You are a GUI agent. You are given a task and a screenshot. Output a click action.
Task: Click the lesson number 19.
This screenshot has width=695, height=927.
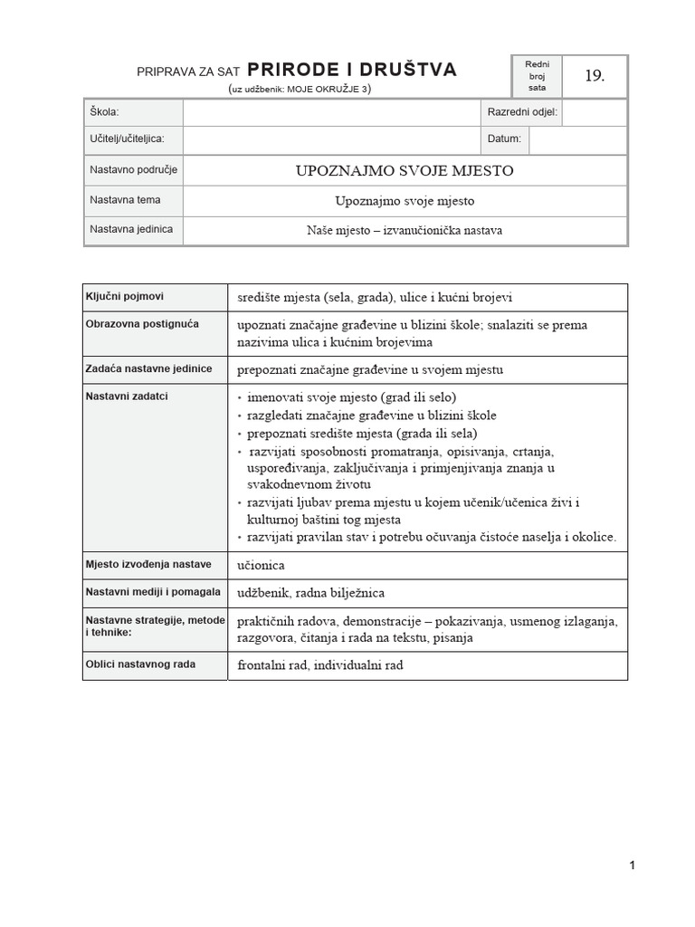594,76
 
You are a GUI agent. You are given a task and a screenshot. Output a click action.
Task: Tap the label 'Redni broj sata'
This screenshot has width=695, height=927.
538,76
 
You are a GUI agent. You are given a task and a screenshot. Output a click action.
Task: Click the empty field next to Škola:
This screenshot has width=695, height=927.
329,112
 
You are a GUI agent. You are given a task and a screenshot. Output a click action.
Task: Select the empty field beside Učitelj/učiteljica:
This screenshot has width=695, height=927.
329,139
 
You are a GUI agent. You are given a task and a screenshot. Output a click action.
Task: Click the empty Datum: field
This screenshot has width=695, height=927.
577,139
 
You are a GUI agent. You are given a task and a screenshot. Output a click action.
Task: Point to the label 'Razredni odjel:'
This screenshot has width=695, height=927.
522,112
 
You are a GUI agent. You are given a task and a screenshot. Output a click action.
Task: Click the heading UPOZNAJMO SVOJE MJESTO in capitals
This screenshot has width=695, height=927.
405,170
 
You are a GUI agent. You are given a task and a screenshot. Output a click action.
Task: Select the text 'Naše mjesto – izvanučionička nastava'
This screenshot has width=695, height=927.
405,230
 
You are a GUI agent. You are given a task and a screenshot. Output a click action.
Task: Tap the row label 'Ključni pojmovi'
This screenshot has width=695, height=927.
125,296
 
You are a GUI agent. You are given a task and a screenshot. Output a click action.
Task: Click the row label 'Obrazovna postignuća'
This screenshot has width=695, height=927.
143,323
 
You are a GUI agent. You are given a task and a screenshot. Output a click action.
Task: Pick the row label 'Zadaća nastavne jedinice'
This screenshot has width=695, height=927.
148,368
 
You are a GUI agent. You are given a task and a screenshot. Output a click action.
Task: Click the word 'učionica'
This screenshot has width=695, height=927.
261,565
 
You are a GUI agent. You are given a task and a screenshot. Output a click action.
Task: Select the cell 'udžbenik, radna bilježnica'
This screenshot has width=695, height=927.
310,593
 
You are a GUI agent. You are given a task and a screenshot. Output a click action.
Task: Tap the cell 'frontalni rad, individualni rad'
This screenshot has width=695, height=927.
319,665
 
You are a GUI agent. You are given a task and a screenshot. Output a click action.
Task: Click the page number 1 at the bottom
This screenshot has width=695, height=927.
632,865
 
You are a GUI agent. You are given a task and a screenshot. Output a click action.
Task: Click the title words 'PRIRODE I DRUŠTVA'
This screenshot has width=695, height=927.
352,70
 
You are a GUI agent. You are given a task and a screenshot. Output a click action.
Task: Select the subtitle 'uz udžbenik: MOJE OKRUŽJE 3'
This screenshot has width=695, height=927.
300,90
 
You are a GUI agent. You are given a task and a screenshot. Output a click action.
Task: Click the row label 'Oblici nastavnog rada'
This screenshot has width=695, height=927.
140,664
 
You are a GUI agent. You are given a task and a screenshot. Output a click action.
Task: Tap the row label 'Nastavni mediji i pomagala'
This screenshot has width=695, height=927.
153,591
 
